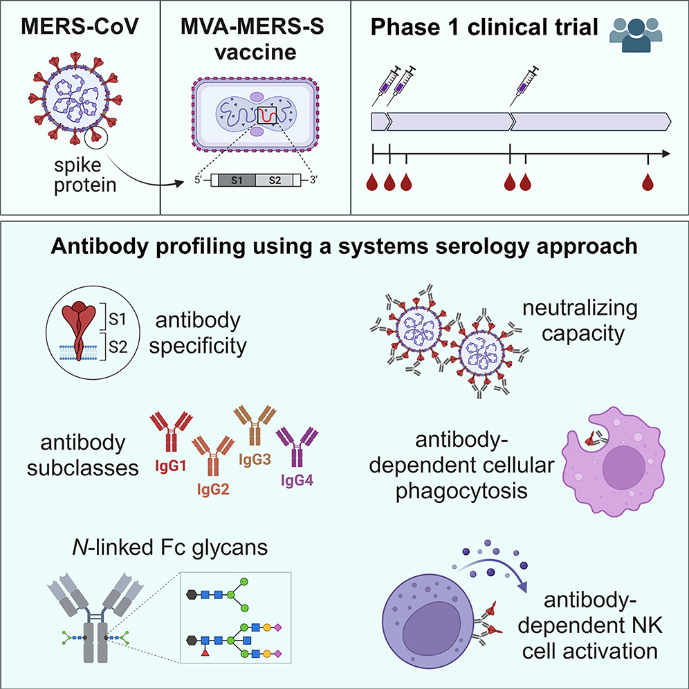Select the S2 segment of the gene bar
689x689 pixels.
tap(274, 181)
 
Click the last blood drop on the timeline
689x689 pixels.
tap(648, 183)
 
